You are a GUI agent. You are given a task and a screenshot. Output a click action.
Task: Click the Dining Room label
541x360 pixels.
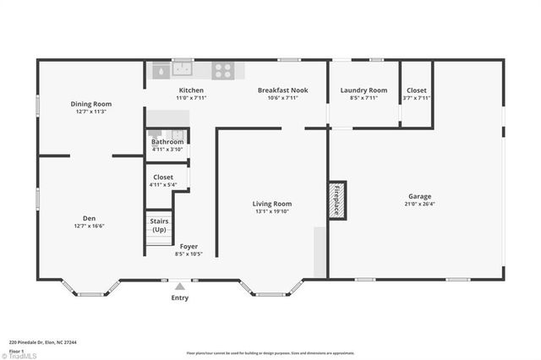[90, 104]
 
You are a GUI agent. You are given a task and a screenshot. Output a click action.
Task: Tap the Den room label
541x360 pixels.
[89, 219]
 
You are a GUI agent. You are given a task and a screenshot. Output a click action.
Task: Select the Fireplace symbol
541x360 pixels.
[336, 199]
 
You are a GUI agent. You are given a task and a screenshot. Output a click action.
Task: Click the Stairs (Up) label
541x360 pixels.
[159, 225]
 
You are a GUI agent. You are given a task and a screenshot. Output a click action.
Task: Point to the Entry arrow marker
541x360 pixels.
[179, 286]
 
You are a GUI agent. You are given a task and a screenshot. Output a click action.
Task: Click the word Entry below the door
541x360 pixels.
[180, 297]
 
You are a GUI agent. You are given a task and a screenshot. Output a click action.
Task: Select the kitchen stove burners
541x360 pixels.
[222, 71]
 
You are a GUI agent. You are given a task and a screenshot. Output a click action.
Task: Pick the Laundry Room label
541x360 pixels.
[363, 90]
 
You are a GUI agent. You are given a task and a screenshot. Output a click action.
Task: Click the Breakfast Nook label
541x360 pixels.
[282, 90]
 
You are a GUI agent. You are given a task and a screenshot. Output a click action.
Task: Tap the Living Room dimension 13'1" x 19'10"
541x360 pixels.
[272, 211]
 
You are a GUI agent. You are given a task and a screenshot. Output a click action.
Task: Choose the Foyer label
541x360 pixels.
[189, 247]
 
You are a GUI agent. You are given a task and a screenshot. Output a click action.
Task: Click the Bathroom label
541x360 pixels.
[167, 142]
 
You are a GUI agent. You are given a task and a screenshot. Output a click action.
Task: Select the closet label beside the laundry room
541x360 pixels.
[417, 90]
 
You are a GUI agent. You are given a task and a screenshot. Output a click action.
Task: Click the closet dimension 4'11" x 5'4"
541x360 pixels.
[163, 184]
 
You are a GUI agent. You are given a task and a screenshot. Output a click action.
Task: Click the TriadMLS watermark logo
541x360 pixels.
[22, 356]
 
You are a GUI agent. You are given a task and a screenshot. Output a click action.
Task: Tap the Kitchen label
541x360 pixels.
[191, 90]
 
